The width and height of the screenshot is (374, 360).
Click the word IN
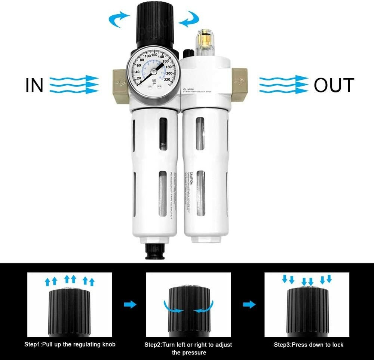(34, 85)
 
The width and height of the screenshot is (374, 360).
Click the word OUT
(334, 85)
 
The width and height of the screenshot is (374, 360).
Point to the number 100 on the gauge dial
(142, 56)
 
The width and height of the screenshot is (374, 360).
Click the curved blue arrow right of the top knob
(189, 18)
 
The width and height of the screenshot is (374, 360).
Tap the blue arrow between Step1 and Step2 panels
(130, 305)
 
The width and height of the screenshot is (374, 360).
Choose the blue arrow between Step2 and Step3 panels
(249, 305)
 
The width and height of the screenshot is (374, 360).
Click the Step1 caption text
(70, 345)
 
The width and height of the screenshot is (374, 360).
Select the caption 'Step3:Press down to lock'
(309, 345)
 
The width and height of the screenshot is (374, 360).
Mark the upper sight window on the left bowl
(163, 134)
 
